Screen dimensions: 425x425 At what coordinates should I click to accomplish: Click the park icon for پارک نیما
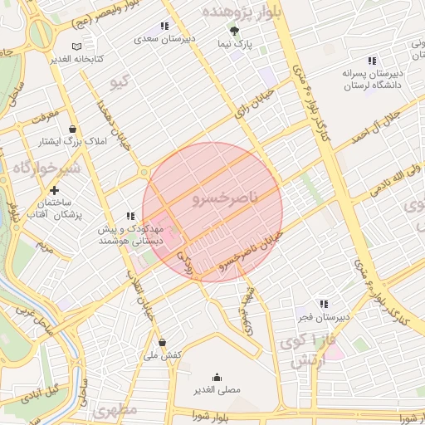pos(234,30)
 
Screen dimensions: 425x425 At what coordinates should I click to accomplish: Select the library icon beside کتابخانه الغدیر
pos(77,46)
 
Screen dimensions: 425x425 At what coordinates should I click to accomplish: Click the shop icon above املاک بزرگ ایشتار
pos(74,129)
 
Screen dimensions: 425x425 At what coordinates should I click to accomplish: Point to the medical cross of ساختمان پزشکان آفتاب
pos(53,191)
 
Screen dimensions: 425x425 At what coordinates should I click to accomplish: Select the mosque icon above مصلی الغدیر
pos(217,376)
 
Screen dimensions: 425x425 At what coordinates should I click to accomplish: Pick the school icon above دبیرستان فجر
pos(323,305)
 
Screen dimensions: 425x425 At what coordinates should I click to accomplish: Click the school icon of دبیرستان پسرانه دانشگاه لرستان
pos(372,60)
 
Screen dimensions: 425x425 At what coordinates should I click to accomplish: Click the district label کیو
pos(120,81)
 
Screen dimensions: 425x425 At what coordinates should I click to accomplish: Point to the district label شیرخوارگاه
pos(39,166)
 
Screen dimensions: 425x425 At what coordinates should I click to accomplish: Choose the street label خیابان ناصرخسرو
pos(252,254)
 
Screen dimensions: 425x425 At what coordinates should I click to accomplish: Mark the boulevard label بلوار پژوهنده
pos(241,12)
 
